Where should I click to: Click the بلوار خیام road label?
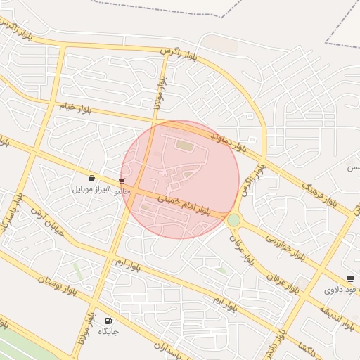tap(75, 108)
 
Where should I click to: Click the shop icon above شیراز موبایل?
tap(92, 179)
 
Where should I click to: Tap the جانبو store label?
tap(122, 191)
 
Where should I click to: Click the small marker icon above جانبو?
tap(122, 181)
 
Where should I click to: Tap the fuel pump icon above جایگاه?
tap(108, 320)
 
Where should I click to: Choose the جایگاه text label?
tap(108, 330)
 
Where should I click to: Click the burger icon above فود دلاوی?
tap(350, 279)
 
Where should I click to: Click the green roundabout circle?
tap(233, 221)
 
